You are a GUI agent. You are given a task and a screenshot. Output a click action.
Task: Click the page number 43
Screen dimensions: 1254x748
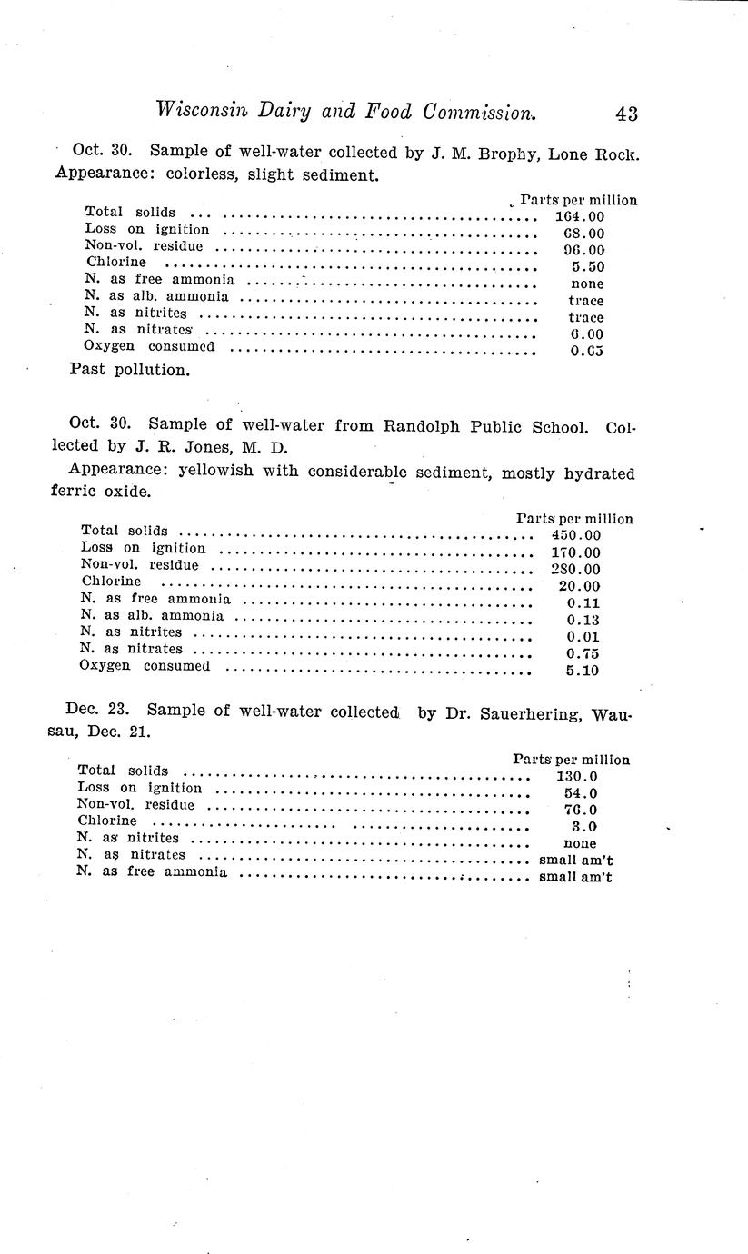click(x=625, y=114)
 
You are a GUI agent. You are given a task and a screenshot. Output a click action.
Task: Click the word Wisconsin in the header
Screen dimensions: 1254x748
click(x=201, y=111)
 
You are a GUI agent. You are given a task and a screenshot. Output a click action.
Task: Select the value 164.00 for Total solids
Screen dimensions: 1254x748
click(x=579, y=216)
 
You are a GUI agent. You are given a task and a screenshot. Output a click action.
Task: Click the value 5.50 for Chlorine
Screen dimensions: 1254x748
click(x=586, y=267)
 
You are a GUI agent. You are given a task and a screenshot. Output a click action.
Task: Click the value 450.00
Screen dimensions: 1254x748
click(x=575, y=535)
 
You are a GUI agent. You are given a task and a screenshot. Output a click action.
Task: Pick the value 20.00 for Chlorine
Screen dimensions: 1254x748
click(x=579, y=586)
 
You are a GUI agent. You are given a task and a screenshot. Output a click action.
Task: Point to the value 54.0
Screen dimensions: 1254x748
click(x=580, y=793)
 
